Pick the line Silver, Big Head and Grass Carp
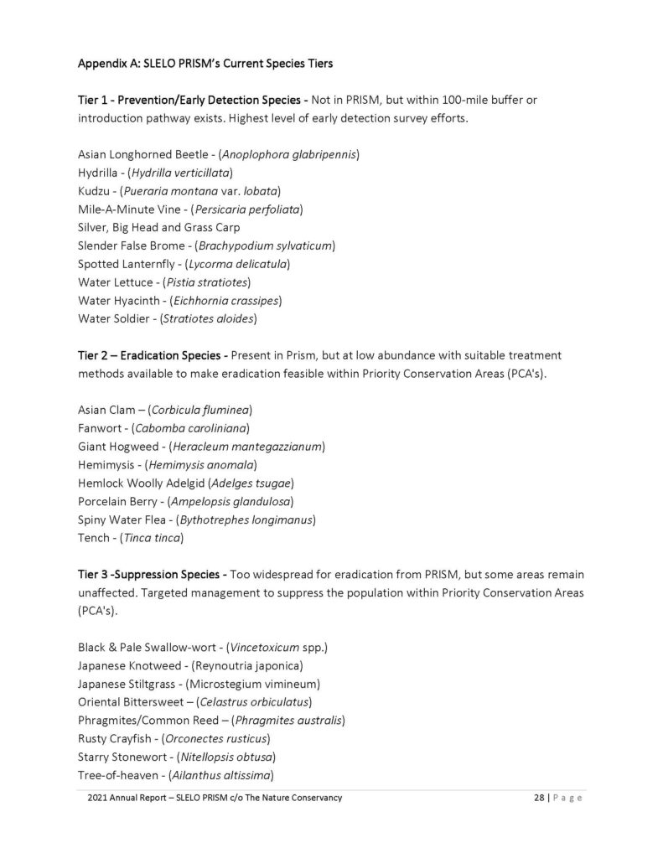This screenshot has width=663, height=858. tap(158, 227)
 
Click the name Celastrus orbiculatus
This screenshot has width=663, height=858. tap(252, 701)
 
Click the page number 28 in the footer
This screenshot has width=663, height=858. tap(540, 798)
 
